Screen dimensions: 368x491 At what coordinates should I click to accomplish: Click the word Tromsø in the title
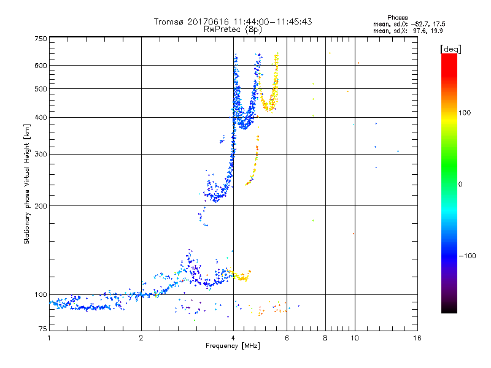169,21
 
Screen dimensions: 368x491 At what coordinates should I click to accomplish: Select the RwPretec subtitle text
224,29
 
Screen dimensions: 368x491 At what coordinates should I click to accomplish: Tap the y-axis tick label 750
41,38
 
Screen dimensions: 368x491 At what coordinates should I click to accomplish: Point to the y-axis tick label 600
41,65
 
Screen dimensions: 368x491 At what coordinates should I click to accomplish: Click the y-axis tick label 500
41,88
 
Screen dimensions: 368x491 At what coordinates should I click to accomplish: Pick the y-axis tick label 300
41,153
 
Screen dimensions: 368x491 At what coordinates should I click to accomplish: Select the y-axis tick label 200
41,205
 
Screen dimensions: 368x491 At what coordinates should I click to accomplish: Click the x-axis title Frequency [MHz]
233,347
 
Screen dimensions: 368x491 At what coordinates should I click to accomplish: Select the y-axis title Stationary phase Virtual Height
27,184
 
